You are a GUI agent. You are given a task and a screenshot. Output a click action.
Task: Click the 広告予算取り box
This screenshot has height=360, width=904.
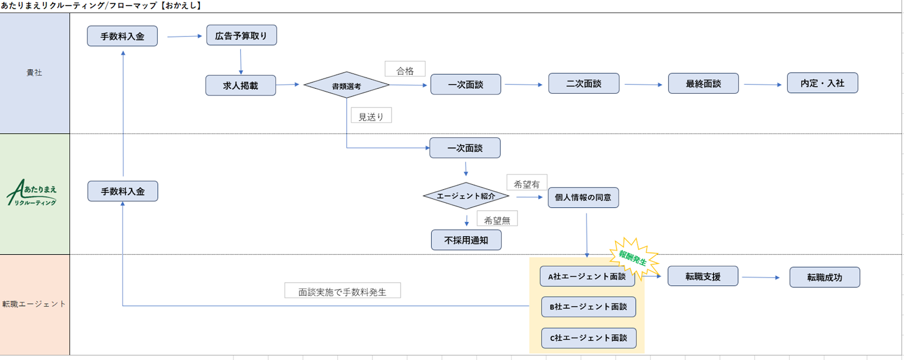[x=241, y=35]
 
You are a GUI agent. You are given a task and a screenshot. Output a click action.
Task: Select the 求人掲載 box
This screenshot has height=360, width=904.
[x=241, y=85]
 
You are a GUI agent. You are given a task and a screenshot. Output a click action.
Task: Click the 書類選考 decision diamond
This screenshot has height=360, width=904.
[x=346, y=85]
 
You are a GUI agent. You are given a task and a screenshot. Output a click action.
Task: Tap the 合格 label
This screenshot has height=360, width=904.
[x=405, y=70]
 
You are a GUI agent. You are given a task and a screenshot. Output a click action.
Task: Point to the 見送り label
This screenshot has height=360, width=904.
[x=371, y=116]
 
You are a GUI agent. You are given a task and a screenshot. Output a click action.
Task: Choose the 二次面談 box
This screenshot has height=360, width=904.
[x=584, y=84]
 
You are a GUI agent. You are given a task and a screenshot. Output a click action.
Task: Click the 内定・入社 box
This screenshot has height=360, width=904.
[x=822, y=83]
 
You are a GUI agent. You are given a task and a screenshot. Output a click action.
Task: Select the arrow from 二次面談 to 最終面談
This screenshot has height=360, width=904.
[x=643, y=85]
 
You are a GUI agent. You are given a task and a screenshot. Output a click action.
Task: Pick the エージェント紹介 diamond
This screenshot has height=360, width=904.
[x=466, y=196]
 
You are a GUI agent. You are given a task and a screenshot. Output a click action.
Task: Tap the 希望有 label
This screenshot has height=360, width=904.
[x=527, y=183]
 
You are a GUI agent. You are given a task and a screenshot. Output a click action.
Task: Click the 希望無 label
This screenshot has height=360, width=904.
[x=497, y=219]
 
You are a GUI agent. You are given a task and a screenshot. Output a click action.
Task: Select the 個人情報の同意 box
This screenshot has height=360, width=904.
[x=583, y=198]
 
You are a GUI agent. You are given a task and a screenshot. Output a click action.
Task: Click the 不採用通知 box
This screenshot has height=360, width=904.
[x=466, y=240]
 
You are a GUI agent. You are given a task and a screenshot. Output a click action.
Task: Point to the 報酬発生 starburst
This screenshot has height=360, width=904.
[x=633, y=258]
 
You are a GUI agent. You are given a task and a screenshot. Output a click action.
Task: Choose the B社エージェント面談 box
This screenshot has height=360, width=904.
[x=588, y=307]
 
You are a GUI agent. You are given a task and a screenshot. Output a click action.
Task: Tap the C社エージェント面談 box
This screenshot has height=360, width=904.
[x=588, y=338]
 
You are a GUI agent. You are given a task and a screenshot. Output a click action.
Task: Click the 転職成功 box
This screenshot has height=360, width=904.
[x=824, y=277]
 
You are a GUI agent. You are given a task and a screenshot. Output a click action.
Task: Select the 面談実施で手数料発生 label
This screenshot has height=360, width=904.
[x=342, y=291]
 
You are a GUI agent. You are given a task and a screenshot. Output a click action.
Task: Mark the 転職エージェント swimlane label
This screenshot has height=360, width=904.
[x=34, y=304]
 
